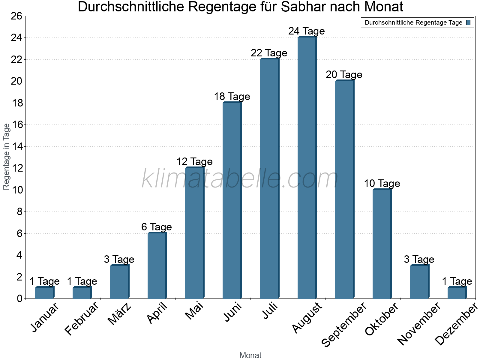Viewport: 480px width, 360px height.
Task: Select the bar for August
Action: point(307,168)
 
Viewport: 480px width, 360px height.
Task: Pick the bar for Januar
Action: point(44,293)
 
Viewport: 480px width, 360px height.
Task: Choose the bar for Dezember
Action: point(457,293)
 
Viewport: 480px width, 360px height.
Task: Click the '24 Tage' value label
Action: point(307,31)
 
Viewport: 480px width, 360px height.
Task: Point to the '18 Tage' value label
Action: point(232,97)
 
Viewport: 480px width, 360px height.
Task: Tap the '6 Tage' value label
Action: point(157,227)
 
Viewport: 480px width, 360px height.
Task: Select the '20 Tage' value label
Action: point(344,75)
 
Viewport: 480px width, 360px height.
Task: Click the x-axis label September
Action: point(344,324)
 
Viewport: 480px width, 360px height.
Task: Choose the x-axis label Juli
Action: point(270,311)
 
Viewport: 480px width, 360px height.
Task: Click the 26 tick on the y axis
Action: point(16,16)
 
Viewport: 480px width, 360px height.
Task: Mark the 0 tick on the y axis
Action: point(19,299)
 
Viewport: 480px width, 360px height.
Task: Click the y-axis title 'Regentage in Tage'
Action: point(6,157)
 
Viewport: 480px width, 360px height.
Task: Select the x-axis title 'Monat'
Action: point(250,355)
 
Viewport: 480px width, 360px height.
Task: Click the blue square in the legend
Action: point(469,22)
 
